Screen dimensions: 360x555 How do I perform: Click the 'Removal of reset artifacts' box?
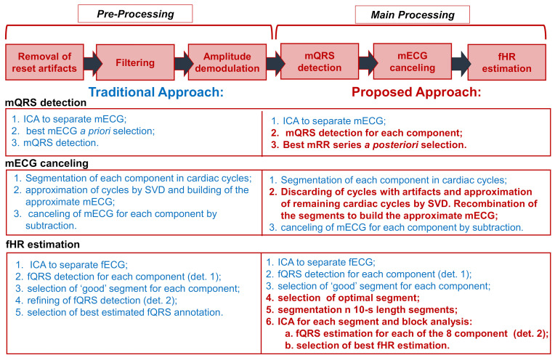44,63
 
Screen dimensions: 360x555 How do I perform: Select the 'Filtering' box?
135,63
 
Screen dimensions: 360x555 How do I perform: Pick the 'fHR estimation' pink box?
506,63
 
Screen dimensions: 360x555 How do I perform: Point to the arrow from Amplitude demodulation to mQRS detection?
274,63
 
